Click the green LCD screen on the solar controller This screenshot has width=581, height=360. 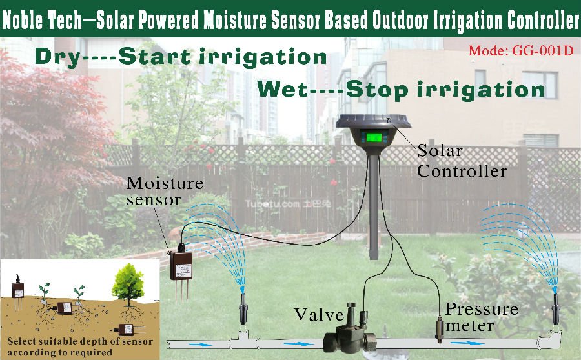coord(374,137)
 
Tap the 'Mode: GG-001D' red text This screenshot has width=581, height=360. coord(521,50)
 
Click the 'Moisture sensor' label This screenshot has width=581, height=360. coord(165,191)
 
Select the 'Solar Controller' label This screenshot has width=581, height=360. coord(462,161)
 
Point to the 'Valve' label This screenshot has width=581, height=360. coord(319,315)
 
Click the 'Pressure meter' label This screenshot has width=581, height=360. coord(482,317)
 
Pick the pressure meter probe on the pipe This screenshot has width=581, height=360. coord(440,329)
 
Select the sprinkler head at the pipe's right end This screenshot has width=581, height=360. coord(555,308)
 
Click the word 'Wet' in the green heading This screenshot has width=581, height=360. coord(282,89)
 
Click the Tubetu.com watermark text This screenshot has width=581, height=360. coord(287,204)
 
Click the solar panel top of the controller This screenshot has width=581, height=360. coord(373,121)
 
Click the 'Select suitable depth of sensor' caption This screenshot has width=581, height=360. coord(80,341)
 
